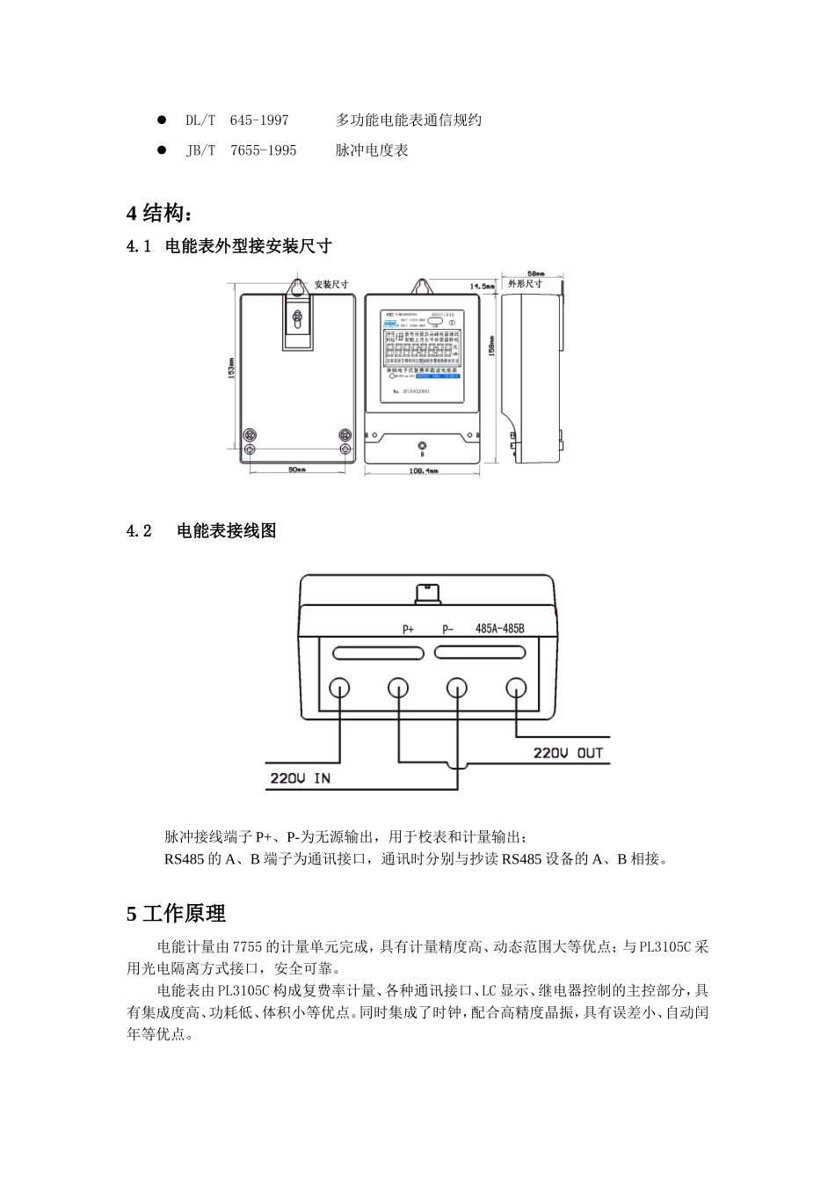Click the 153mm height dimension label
[x=231, y=368]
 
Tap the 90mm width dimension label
[x=297, y=470]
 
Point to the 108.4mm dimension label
[x=424, y=471]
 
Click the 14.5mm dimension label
[x=481, y=287]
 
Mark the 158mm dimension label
[x=492, y=347]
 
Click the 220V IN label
[x=301, y=779]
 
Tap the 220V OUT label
[x=569, y=753]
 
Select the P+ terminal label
[x=408, y=629]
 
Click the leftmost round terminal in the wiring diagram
[x=340, y=688]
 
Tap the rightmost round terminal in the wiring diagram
[x=514, y=688]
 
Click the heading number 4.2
[x=140, y=531]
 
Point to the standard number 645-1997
[x=259, y=120]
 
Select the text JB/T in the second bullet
[x=200, y=150]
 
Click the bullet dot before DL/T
[x=162, y=120]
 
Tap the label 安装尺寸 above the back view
[x=331, y=284]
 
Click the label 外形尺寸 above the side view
[x=526, y=284]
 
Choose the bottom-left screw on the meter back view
[x=250, y=450]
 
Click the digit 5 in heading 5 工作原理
[x=132, y=915]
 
